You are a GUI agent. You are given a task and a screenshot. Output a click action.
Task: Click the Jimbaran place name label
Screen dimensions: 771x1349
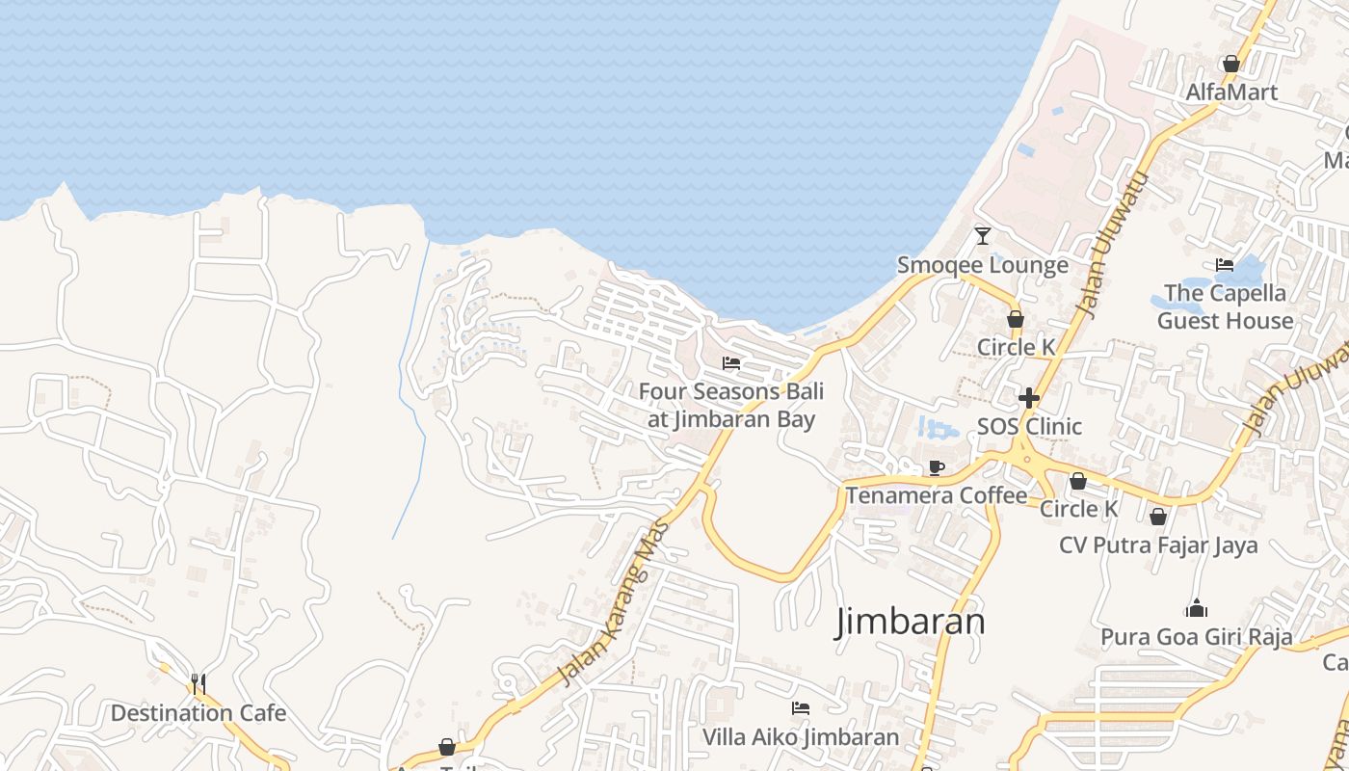click(911, 622)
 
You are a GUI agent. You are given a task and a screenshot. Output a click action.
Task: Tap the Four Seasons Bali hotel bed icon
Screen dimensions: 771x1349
click(731, 363)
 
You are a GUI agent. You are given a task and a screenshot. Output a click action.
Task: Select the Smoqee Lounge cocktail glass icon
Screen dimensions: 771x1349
click(983, 235)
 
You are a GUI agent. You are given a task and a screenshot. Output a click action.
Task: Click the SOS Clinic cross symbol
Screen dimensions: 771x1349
click(1029, 397)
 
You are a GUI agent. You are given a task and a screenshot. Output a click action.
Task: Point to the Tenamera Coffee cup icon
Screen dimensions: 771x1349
click(936, 467)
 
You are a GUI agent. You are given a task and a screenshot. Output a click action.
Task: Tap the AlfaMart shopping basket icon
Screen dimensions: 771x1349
click(1230, 64)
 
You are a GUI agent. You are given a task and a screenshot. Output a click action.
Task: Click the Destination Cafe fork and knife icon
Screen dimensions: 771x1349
click(198, 683)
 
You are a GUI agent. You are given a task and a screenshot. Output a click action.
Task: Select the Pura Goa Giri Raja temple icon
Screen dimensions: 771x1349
click(1196, 608)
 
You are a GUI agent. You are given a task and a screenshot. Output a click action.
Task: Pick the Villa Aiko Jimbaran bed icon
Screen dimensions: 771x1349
click(800, 708)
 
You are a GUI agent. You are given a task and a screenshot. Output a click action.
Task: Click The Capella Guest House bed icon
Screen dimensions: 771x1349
click(1225, 264)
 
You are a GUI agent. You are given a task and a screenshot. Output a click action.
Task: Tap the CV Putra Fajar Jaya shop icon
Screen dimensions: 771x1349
click(1158, 517)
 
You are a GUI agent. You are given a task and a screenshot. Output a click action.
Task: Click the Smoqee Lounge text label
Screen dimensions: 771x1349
click(983, 265)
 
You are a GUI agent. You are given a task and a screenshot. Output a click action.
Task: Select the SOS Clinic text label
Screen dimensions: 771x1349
click(1029, 426)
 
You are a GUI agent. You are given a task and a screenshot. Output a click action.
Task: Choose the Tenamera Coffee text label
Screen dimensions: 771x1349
click(937, 495)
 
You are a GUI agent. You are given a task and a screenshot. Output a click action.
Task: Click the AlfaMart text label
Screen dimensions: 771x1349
click(1231, 93)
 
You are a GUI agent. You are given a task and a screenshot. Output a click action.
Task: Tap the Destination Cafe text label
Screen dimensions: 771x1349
click(198, 713)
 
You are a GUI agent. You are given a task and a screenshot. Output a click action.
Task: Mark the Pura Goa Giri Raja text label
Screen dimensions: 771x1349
click(1197, 637)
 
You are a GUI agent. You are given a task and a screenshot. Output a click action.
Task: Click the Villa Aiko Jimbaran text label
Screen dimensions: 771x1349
click(800, 737)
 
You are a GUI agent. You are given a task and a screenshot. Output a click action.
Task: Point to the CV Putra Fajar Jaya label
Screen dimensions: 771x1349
click(1158, 545)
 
